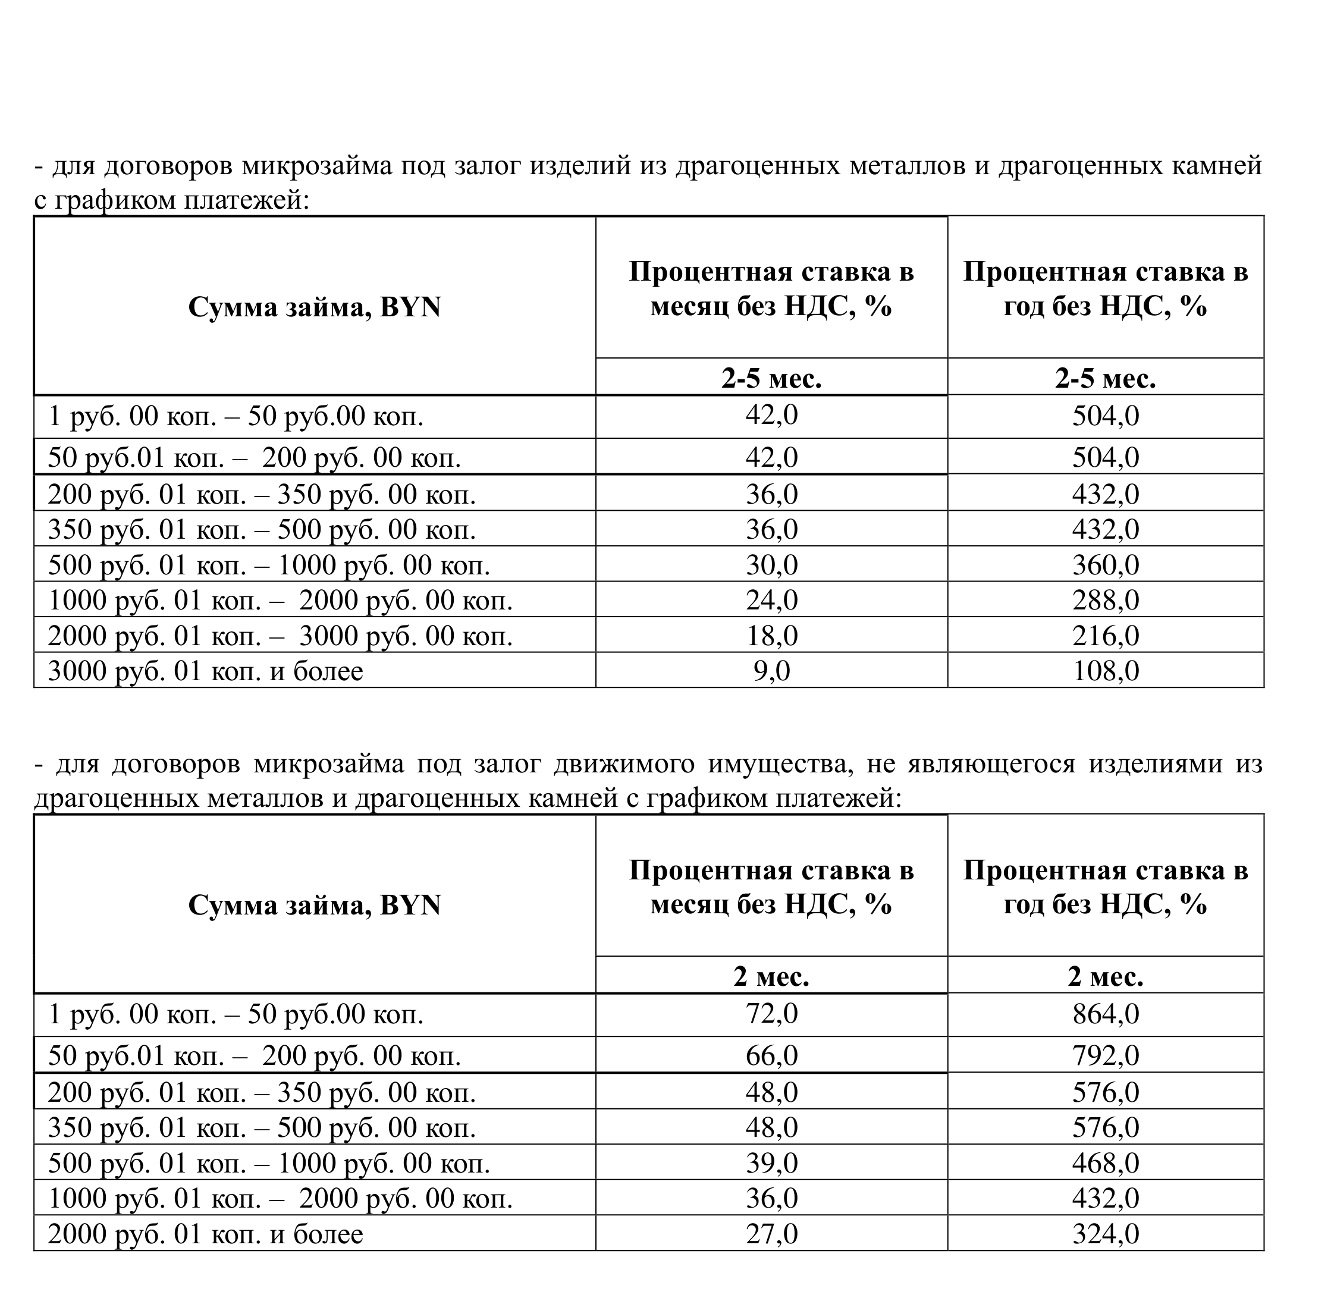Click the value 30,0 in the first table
(771, 565)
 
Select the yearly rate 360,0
(1105, 565)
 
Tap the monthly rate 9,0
(771, 671)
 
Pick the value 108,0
(1105, 671)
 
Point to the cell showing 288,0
(1105, 600)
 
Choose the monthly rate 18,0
(771, 636)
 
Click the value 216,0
(1105, 636)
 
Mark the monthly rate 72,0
(771, 1013)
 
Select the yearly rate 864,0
(1105, 1014)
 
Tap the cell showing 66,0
(771, 1055)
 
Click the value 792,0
(1105, 1055)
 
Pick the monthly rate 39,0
(771, 1163)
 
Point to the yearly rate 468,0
(1105, 1163)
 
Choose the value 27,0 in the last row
(771, 1234)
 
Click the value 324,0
(1105, 1234)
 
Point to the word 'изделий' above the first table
(580, 165)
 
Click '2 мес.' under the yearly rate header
(1105, 976)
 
